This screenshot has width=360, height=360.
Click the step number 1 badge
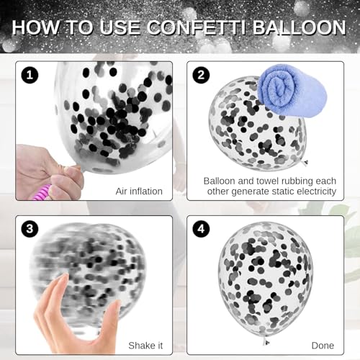30,76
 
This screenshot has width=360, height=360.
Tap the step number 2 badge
201,76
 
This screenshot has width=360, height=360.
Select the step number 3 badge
30,229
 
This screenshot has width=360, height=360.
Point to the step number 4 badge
201,229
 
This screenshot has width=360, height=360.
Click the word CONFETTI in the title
197,27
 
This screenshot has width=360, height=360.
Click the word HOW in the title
35,27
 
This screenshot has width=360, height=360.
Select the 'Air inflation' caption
139,192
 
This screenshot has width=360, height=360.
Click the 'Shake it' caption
145,346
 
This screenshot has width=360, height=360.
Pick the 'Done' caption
323,346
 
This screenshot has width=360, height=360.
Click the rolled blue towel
292,91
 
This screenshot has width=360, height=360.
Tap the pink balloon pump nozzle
42,193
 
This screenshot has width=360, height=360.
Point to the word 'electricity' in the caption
315,192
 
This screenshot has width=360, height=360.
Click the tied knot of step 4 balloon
266,341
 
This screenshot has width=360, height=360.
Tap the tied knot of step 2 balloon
305,163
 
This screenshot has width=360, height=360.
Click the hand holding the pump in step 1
49,172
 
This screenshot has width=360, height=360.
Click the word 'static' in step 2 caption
282,192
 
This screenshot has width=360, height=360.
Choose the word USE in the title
120,27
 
